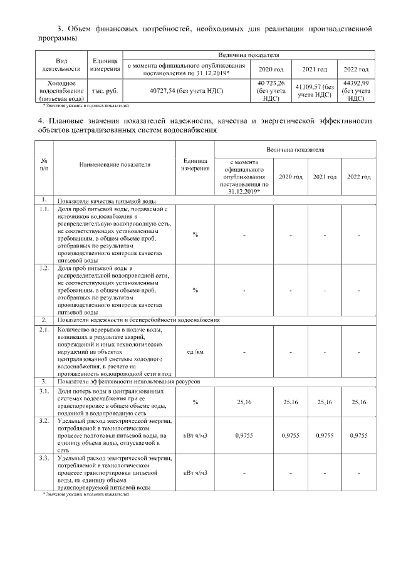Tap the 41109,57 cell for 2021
[x=317, y=91]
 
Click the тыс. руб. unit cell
[x=104, y=91]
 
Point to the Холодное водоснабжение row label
[x=63, y=91]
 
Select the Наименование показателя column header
[x=115, y=165]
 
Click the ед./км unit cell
[x=195, y=351]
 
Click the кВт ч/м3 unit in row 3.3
[x=195, y=472]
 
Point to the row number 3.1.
[x=44, y=391]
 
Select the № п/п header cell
[x=44, y=165]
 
